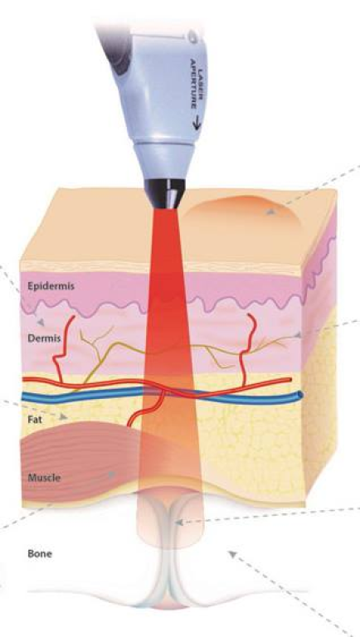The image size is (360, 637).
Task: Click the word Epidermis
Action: point(51,286)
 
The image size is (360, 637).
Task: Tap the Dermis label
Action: point(44,338)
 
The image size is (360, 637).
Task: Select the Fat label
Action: point(35,420)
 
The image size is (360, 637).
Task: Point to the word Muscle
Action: point(44,478)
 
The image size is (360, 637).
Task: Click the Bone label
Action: point(40,553)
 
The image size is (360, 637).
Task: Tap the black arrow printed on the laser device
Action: point(197,122)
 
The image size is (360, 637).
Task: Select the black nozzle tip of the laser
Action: point(165,193)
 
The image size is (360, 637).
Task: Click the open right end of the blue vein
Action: point(300,395)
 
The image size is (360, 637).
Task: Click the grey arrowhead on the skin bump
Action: point(270,212)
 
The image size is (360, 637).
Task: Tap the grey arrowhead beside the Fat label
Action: point(63,416)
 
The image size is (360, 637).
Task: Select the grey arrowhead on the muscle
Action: point(111,474)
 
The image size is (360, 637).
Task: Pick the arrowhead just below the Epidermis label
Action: point(40,322)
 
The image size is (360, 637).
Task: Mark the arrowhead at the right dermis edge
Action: point(298,335)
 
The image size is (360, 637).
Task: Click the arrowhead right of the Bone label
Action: point(232,554)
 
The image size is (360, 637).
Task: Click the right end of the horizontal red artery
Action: point(289,379)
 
